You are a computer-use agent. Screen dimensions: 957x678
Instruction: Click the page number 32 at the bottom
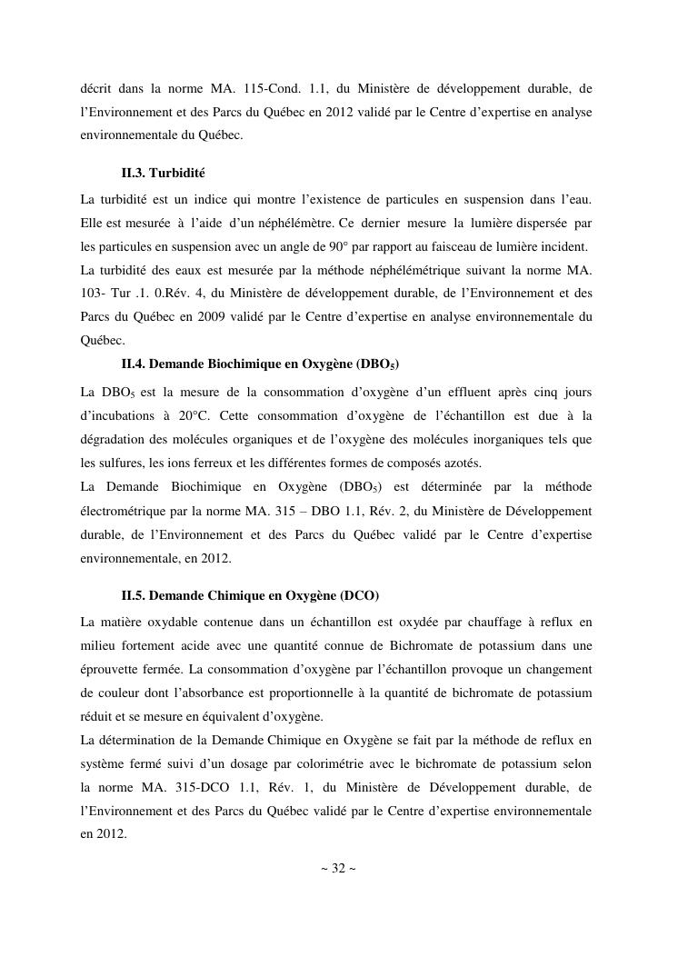tap(338, 868)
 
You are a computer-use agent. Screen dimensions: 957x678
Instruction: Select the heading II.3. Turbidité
tap(169, 172)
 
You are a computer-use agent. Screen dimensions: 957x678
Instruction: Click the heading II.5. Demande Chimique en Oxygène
tap(250, 595)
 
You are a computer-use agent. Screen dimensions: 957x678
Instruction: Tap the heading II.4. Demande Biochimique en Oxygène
tap(260, 364)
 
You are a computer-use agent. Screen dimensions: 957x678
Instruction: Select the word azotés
tap(459, 463)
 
